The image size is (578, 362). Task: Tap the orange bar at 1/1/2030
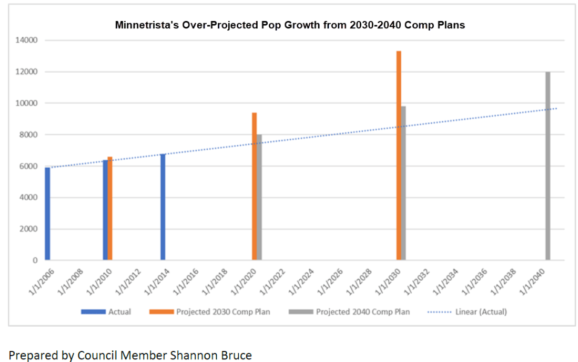399,156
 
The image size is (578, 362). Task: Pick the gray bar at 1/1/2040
547,166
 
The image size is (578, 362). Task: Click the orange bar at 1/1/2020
255,186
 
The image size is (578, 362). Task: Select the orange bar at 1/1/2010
110,208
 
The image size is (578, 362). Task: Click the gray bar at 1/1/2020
259,197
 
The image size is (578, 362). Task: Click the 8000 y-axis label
28,135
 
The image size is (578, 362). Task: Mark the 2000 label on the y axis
28,229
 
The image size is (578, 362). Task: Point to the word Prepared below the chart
33,356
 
